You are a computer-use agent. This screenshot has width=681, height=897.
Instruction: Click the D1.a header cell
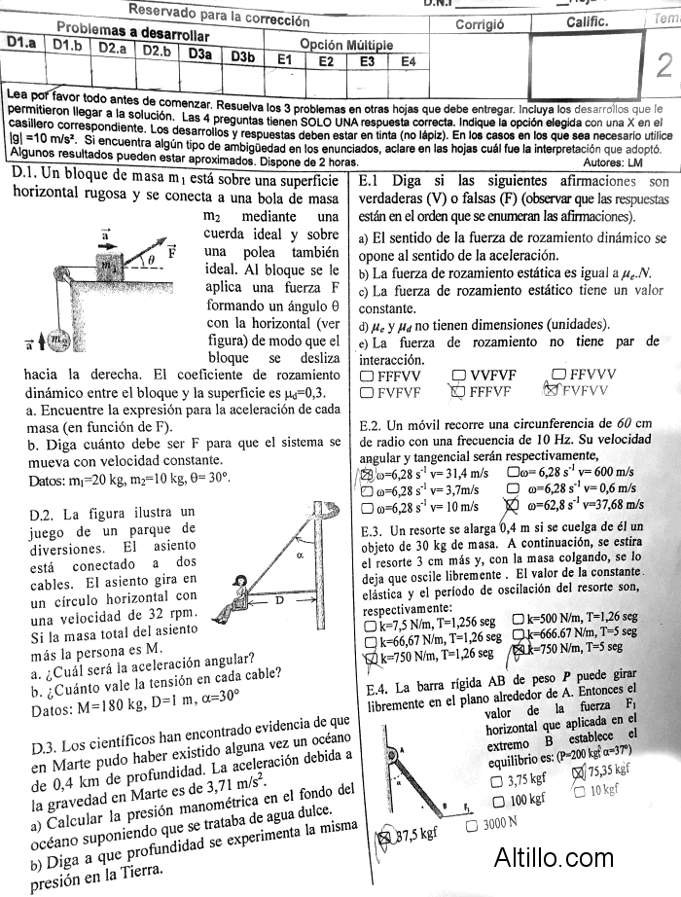click(x=20, y=44)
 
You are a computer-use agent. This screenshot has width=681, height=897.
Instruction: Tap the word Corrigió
click(x=480, y=24)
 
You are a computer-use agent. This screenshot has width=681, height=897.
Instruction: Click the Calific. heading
click(x=588, y=21)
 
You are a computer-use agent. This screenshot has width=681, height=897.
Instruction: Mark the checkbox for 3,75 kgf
click(x=498, y=780)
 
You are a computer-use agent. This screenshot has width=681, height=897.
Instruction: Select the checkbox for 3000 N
click(x=472, y=825)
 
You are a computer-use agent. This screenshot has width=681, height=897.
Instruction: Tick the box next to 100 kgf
click(x=498, y=801)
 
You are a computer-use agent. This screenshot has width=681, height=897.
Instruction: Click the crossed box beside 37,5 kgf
click(x=383, y=837)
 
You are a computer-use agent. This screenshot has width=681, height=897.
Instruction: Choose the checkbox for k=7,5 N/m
click(x=370, y=621)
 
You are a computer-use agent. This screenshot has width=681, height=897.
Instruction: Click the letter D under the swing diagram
click(x=278, y=600)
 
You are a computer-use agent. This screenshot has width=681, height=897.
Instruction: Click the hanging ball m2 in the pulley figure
click(x=60, y=340)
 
